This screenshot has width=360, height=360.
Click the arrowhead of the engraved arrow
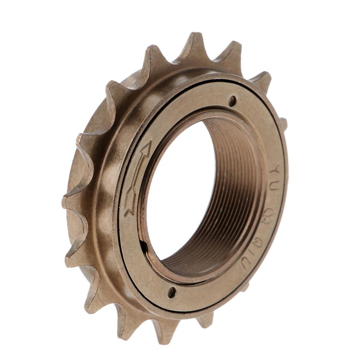[x=146, y=150]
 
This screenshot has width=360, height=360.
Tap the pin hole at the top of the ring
[x=232, y=101]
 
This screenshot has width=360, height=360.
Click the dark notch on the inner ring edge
[x=144, y=246]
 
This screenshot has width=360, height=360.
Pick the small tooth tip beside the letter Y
[x=283, y=123]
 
